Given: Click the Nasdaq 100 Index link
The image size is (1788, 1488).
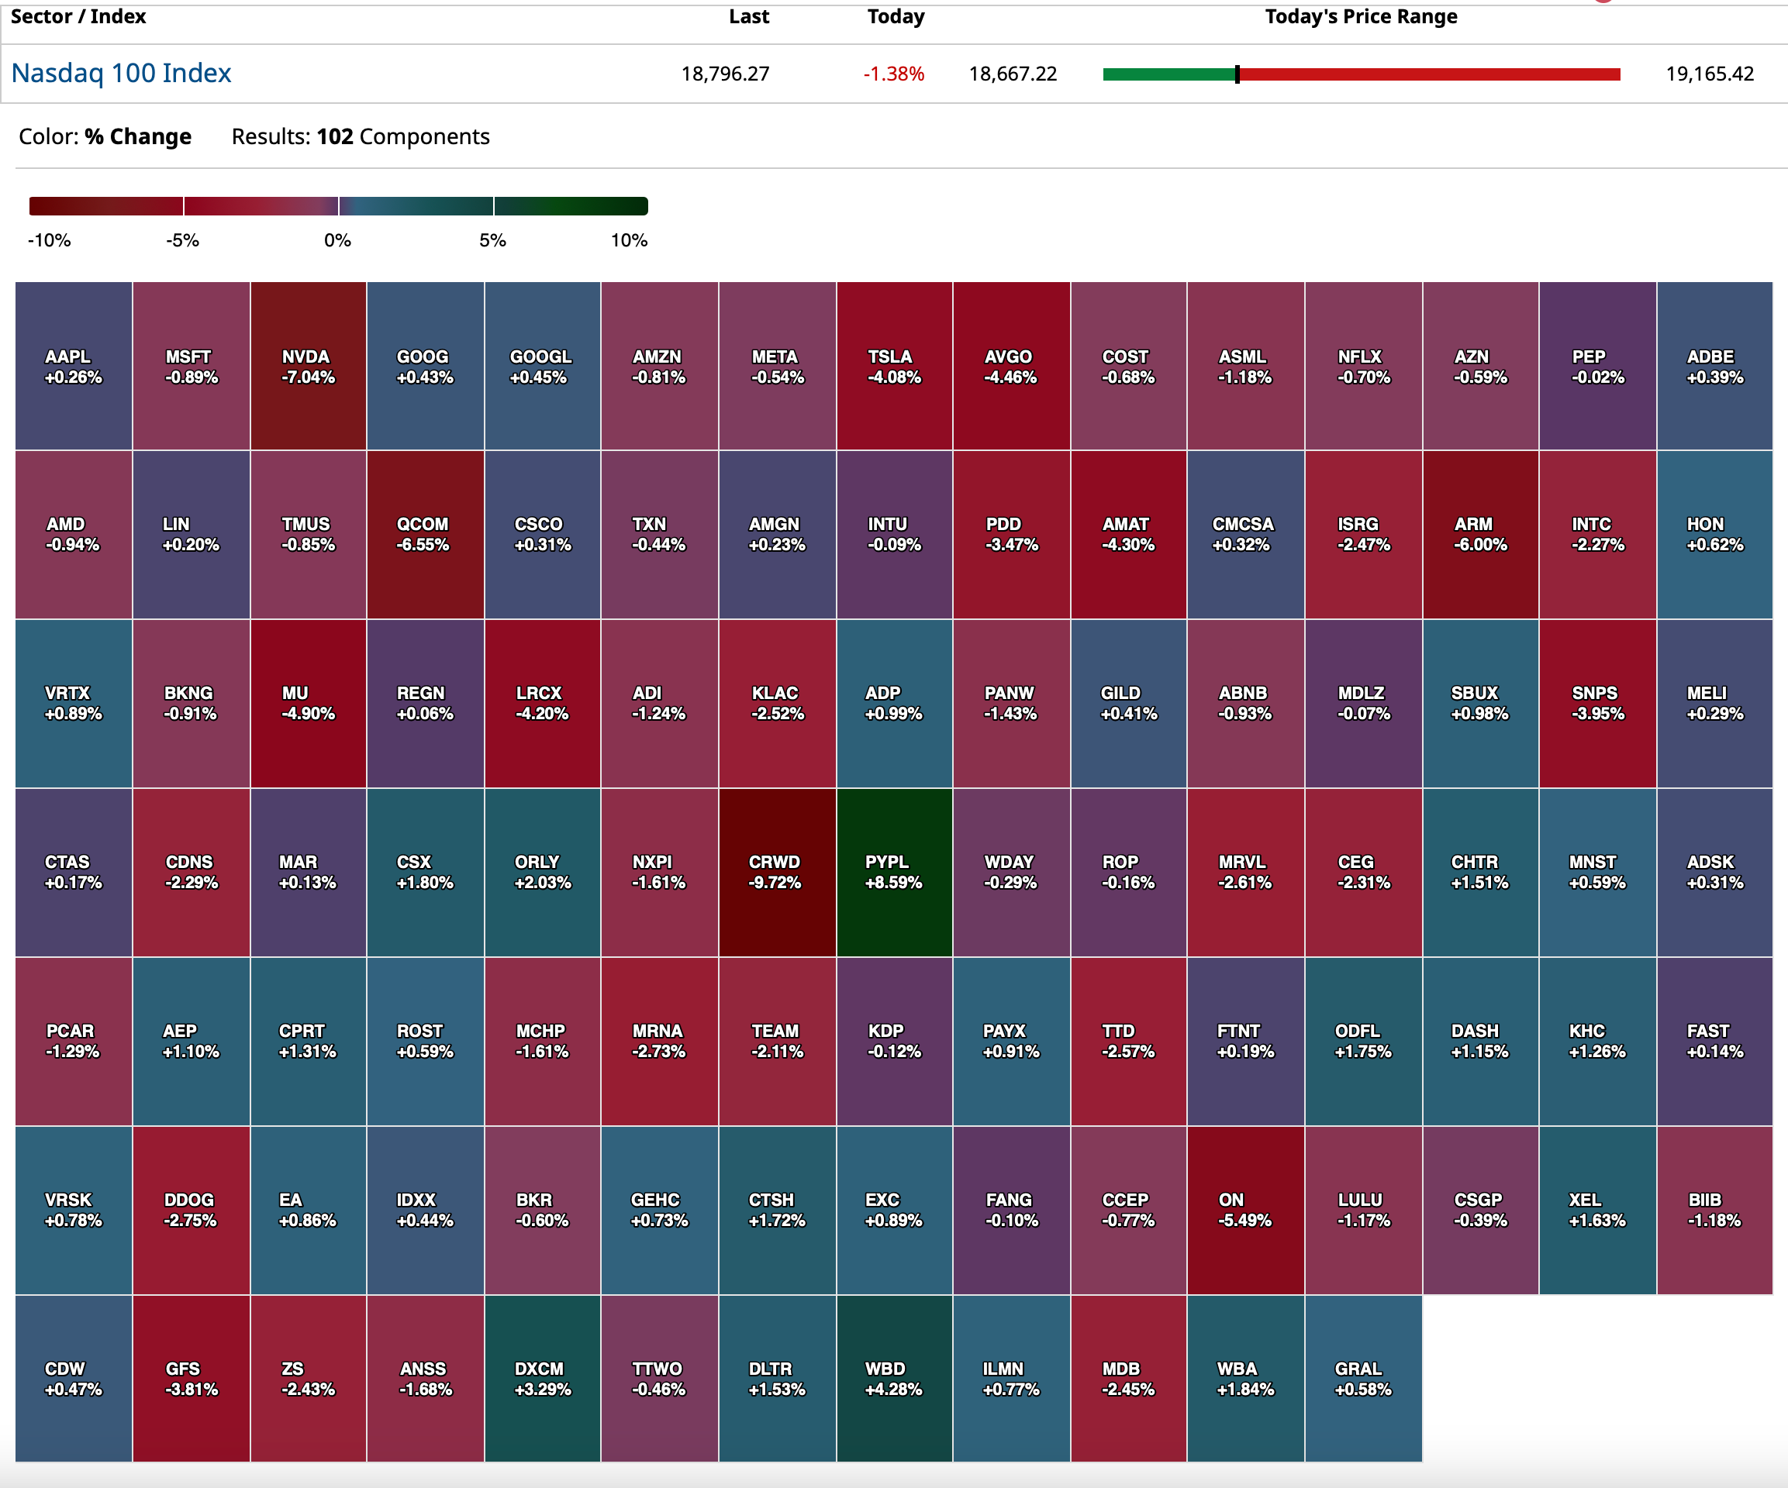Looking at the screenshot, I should pos(121,73).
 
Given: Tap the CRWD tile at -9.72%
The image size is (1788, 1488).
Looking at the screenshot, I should pos(776,872).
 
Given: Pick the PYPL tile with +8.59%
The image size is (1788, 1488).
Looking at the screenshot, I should pos(894,872).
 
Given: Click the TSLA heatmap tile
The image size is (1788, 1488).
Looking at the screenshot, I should pos(894,366).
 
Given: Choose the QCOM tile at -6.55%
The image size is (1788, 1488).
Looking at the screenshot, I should pos(425,534).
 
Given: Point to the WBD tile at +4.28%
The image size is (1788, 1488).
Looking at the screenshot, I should pos(894,1378).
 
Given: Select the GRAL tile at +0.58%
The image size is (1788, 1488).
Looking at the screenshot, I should pos(1362,1378).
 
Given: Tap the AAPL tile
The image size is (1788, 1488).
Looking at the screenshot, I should pos(73,366).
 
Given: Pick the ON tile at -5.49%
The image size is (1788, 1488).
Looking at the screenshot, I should pos(1244,1210).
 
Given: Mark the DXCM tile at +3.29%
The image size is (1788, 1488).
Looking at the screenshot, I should pos(542,1378).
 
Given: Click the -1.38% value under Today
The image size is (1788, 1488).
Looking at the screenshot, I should pos(893,74).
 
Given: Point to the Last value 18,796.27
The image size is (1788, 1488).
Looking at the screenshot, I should pos(724,74).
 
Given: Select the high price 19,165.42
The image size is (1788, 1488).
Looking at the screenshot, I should pos(1709,74).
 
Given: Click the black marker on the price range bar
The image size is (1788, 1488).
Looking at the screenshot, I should pos(1237,74).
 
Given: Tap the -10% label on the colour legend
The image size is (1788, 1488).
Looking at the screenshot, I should pos(50,240).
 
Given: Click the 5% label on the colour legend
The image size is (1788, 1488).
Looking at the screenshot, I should pos(492,240).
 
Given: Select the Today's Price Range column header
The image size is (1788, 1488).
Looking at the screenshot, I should pos(1361,17).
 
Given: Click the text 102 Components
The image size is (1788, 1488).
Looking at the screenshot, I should pos(402,136).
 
